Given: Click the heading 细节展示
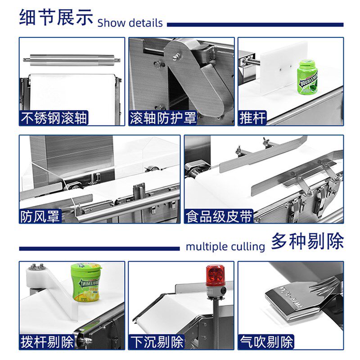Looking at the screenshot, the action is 56,17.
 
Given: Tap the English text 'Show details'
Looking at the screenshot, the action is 130,23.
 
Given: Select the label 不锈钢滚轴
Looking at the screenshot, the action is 54,118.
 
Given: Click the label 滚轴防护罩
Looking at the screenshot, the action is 163,118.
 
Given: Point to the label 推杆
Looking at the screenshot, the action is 252,118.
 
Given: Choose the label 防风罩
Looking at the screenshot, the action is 40,216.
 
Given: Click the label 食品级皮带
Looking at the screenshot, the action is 219,216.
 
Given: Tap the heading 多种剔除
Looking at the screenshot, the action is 307,241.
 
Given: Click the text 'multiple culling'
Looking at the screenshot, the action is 225,247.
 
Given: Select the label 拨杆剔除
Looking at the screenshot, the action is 47,342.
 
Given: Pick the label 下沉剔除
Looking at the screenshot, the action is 157,342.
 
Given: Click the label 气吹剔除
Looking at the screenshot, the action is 266,342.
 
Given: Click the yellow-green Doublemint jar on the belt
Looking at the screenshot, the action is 86,283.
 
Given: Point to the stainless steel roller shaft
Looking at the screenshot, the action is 72,60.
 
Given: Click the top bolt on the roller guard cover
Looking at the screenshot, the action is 176,56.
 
